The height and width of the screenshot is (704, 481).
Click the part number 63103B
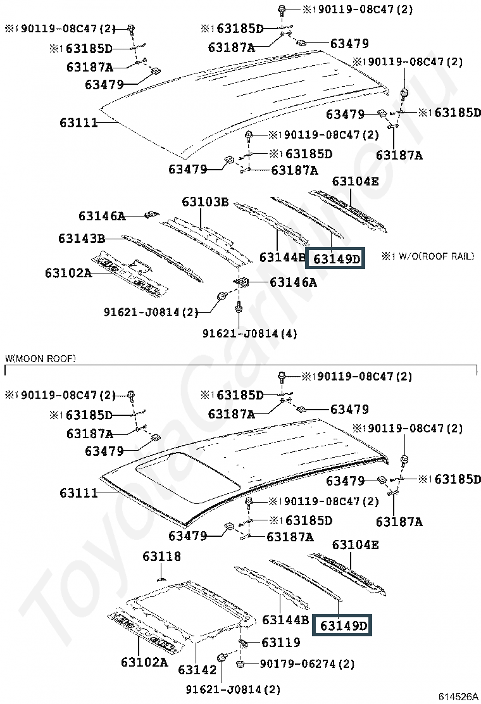(x=205, y=202)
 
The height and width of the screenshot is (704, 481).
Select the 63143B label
(x=81, y=239)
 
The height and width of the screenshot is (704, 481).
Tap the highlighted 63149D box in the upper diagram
(x=336, y=258)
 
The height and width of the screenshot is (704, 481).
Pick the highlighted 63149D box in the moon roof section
(x=344, y=625)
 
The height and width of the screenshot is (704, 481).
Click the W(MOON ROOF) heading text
(x=41, y=359)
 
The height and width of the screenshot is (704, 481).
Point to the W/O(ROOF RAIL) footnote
(x=427, y=256)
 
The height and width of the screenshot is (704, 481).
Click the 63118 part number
(x=161, y=556)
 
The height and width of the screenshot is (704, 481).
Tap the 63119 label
(x=280, y=643)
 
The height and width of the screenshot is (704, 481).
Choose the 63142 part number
(x=197, y=669)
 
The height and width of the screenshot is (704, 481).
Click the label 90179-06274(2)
(x=308, y=664)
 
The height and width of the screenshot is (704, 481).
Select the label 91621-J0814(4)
(x=249, y=333)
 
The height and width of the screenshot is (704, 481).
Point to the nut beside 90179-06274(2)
(x=241, y=664)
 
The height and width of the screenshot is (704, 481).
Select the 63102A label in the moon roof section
(x=144, y=662)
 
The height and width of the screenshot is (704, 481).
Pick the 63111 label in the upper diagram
(x=79, y=122)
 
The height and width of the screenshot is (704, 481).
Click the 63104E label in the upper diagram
(x=355, y=182)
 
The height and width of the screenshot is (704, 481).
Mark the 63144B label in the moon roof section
(x=285, y=620)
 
